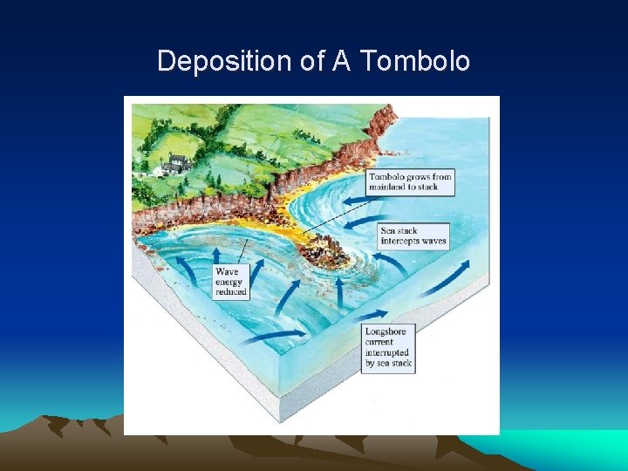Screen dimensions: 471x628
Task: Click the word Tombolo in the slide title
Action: [x=415, y=61]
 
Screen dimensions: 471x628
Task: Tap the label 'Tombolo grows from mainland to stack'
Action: [x=416, y=181]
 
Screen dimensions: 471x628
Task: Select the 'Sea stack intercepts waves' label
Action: [x=413, y=236]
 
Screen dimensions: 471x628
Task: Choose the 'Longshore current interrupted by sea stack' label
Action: [x=387, y=348]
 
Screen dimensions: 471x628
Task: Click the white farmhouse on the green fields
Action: [x=179, y=161]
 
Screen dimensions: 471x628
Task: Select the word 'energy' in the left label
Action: [x=230, y=283]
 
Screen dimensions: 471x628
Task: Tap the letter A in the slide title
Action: [x=338, y=61]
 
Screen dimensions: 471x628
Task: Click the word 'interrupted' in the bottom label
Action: [x=388, y=353]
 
